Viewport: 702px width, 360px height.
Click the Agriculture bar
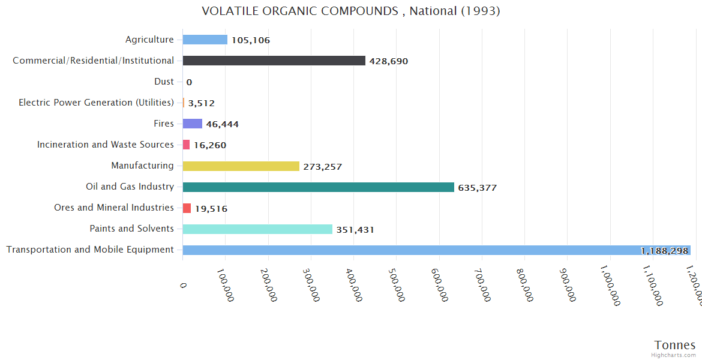(205, 40)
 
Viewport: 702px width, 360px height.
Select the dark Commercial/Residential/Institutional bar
(274, 61)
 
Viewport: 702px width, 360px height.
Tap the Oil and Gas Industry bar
(318, 187)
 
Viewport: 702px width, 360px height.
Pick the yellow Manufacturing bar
(241, 166)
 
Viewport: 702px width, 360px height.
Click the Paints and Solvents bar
(257, 229)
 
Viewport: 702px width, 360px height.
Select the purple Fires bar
(192, 124)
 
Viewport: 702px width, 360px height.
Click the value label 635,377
(477, 188)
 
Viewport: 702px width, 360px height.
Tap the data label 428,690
(388, 61)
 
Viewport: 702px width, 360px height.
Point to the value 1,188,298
(664, 251)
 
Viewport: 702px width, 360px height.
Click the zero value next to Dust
(189, 82)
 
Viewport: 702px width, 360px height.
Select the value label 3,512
(201, 103)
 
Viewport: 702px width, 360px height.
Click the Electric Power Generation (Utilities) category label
(96, 103)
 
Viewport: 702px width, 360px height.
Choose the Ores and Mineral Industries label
(113, 208)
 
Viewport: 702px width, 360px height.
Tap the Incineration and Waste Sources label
(105, 145)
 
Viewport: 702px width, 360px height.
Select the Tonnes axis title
(674, 344)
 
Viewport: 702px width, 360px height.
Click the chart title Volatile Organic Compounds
(350, 11)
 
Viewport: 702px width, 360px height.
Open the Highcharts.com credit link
(673, 355)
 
